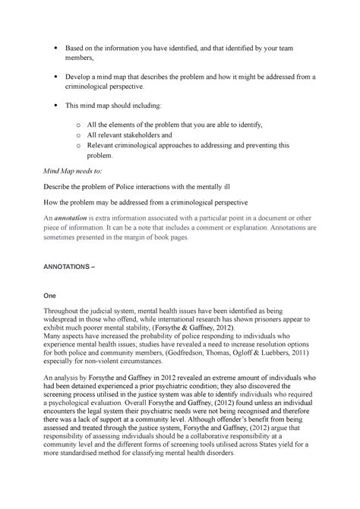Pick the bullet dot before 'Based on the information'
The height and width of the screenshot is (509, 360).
[x=58, y=49]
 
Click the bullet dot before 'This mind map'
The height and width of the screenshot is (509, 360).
[x=58, y=104]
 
